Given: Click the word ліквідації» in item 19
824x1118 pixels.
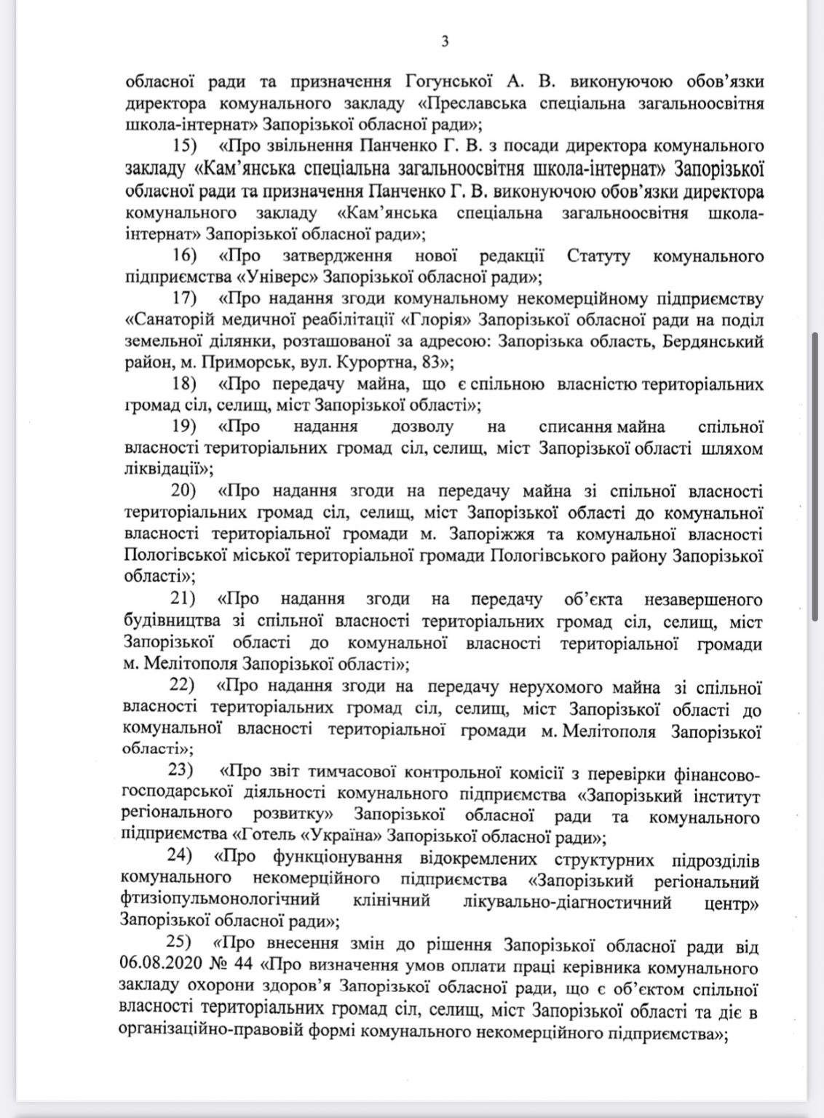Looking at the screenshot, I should [168, 469].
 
